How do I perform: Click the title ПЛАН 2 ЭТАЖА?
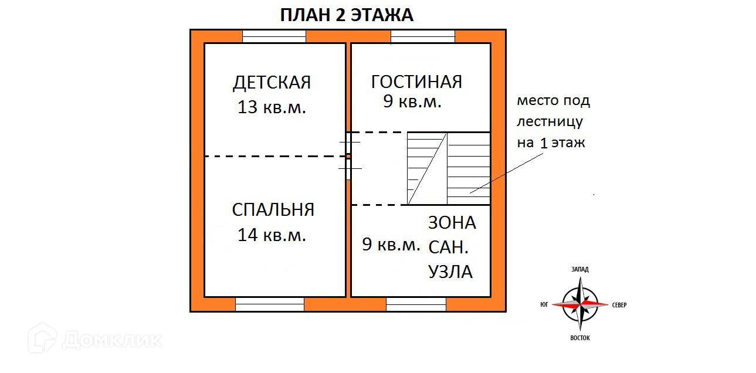pos(347,15)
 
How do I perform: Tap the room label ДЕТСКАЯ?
pos(272,83)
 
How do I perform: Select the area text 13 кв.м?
pos(272,107)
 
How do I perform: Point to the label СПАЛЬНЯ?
pos(273,210)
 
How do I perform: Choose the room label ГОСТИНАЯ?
pos(416,82)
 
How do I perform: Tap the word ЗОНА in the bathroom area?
pos(452,223)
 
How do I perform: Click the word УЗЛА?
pos(450,272)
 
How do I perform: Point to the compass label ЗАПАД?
pos(580,269)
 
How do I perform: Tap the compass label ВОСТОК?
pos(580,338)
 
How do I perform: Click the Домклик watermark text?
pos(111,339)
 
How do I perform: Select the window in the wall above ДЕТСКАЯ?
pos(274,36)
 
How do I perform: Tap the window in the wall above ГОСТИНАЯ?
pos(422,36)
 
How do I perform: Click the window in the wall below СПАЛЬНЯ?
pos(270,304)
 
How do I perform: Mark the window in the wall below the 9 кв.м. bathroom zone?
pos(416,304)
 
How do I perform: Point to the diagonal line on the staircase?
pos(428,168)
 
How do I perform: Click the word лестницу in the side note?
pos(550,122)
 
